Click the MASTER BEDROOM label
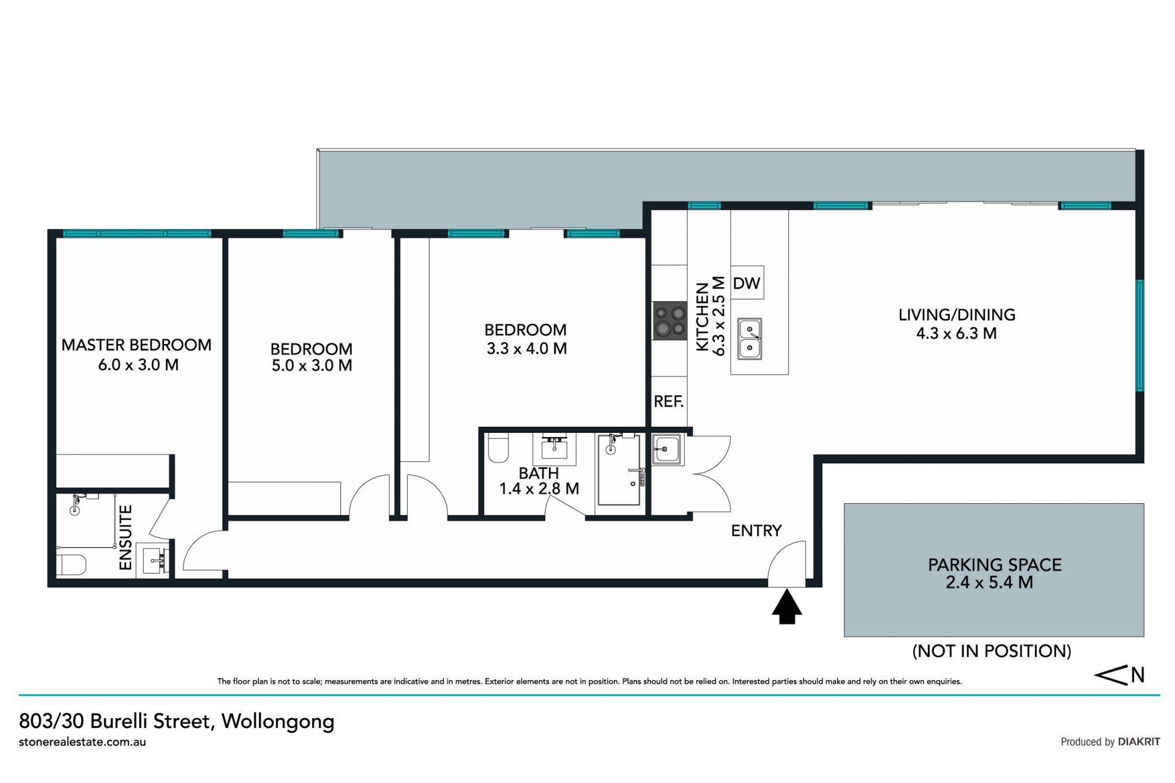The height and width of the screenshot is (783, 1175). click(x=136, y=345)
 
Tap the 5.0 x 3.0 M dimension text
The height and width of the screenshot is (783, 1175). click(x=312, y=365)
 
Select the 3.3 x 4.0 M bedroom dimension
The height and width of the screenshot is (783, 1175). click(x=527, y=349)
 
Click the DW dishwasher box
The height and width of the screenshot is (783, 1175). click(x=747, y=283)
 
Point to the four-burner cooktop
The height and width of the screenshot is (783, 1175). click(x=670, y=321)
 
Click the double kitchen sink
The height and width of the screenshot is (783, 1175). click(x=750, y=339)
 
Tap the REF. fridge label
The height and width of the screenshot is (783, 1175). click(x=669, y=402)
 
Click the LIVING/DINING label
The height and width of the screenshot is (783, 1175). click(x=957, y=315)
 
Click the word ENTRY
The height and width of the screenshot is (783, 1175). click(x=756, y=531)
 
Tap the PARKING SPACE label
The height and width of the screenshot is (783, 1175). click(x=995, y=565)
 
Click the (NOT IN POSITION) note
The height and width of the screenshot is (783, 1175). click(x=992, y=651)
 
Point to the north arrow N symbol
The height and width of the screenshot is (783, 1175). click(x=1120, y=676)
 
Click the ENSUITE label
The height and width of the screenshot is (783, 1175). click(x=125, y=538)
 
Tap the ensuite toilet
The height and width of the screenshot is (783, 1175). click(x=71, y=564)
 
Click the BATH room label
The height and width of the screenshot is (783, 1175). click(x=539, y=473)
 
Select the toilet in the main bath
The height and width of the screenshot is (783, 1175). click(x=499, y=448)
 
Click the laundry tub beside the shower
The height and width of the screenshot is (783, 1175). click(x=667, y=449)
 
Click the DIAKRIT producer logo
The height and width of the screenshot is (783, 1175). click(x=1139, y=742)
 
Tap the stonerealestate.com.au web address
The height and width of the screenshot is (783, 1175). click(x=83, y=742)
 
